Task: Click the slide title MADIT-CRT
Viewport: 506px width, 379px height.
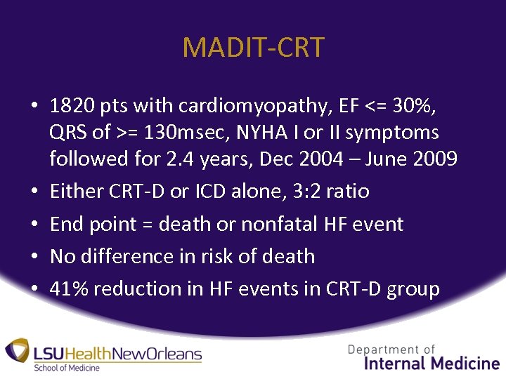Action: pos(253,48)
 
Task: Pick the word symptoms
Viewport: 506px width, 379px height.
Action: pos(401,132)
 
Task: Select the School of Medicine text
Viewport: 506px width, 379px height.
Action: pos(67,368)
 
